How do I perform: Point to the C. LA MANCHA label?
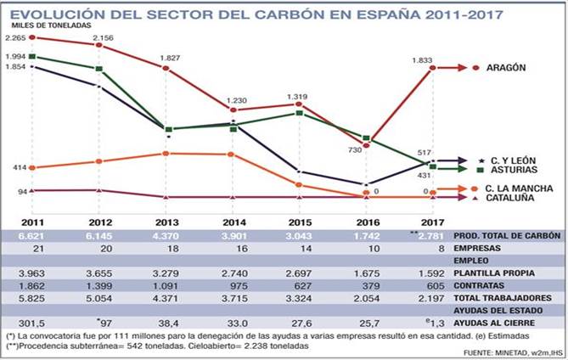click(x=519, y=188)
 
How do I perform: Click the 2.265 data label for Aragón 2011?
click(x=15, y=38)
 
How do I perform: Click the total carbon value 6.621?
click(x=18, y=235)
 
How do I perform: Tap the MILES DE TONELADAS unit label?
click(x=61, y=26)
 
